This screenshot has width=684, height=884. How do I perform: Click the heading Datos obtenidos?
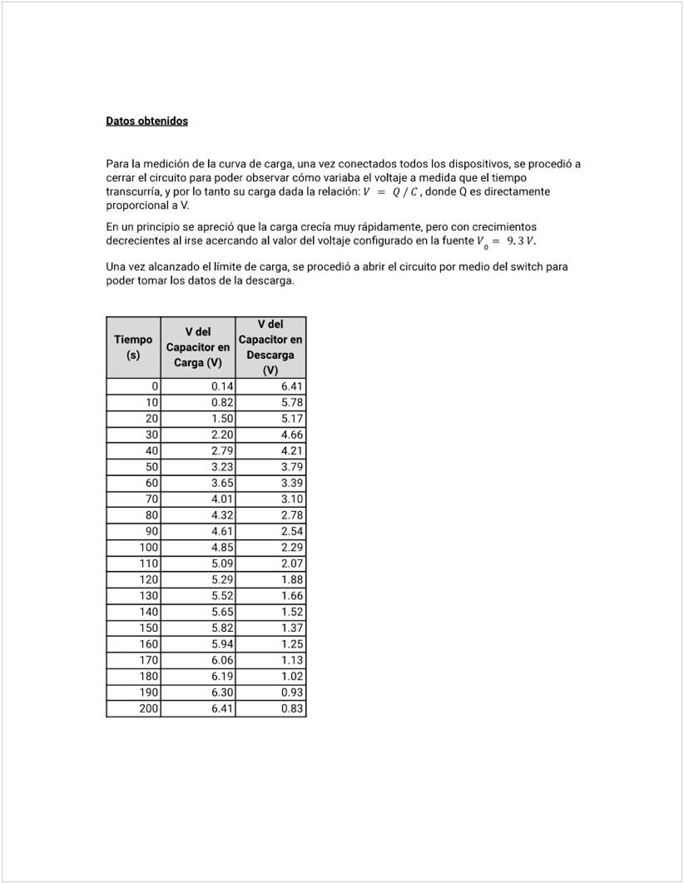tap(146, 121)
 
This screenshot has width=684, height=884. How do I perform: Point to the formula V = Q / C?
tap(391, 192)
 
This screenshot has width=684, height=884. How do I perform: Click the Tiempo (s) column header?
tap(133, 347)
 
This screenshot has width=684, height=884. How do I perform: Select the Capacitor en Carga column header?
tap(198, 347)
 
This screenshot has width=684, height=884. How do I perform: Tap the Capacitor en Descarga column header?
tap(270, 347)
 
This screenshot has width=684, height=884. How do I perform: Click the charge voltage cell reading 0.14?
tap(222, 386)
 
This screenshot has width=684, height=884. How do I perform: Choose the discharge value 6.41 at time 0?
tap(292, 386)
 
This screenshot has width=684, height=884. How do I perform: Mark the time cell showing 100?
tap(148, 548)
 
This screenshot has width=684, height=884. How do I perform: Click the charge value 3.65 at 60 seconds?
tap(222, 483)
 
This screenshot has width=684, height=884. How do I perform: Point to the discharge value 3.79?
tap(292, 467)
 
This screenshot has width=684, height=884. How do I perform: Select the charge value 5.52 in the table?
tap(222, 596)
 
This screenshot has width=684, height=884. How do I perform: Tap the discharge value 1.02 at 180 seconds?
tap(292, 677)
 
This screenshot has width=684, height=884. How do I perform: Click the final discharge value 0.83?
tap(292, 709)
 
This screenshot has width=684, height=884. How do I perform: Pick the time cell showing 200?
tap(148, 709)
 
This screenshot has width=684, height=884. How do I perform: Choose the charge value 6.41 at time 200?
tap(222, 709)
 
